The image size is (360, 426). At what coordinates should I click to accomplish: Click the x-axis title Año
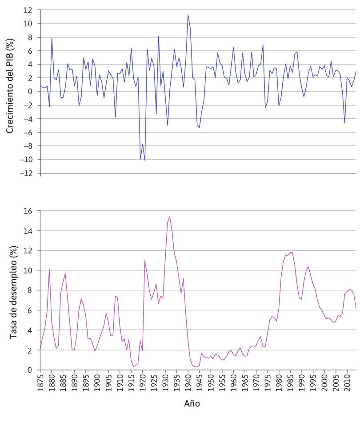[x=192, y=404]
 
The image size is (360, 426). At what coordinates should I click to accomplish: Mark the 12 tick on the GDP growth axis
[x=29, y=10]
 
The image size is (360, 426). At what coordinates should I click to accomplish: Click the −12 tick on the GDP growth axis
[x=28, y=173]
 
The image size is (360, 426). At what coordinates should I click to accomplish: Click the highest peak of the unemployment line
[x=170, y=217]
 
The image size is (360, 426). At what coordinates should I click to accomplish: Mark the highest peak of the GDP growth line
[x=188, y=15]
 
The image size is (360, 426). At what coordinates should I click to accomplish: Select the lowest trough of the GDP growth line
[x=145, y=160]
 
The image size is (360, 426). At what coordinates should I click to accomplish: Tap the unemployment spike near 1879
[x=49, y=269]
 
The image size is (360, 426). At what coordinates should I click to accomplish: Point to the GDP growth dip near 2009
[x=344, y=123]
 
